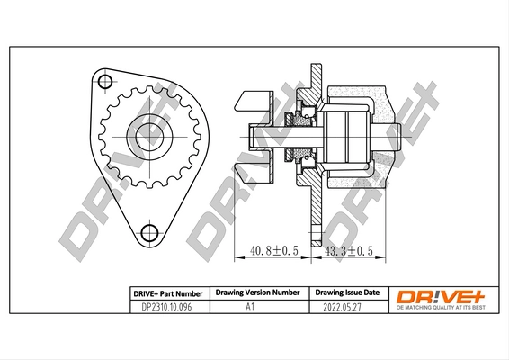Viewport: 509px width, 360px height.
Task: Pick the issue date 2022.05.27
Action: [347, 306]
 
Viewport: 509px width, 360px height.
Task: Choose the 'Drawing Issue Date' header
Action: [347, 293]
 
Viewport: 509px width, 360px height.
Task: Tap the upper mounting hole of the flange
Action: [105, 83]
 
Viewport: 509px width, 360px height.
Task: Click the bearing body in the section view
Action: [345, 134]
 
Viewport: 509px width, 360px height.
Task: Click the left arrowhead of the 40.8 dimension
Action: [237, 259]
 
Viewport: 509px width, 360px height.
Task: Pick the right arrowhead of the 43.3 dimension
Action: [385, 259]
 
